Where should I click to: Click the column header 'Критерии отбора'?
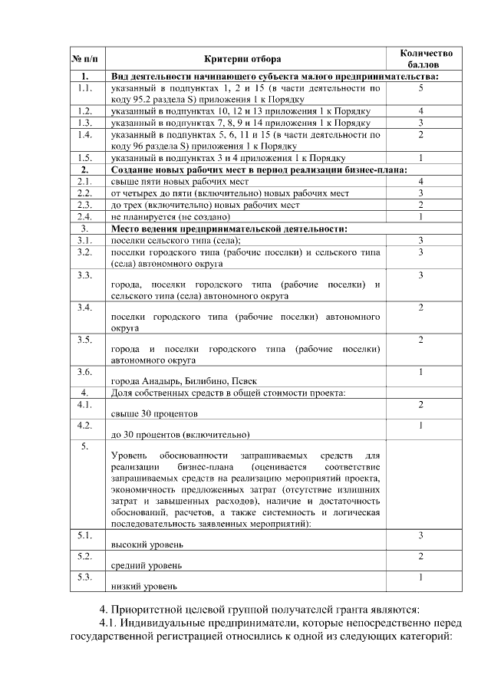point(242,59)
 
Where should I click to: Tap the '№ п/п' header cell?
point(85,59)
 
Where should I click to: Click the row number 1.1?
point(85,89)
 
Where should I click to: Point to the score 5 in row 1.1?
point(421,89)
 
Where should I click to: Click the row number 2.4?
point(85,216)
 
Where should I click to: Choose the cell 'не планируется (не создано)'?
point(171,216)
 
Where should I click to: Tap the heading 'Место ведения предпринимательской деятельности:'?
point(229,229)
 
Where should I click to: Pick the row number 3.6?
point(85,372)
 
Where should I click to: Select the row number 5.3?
point(85,577)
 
